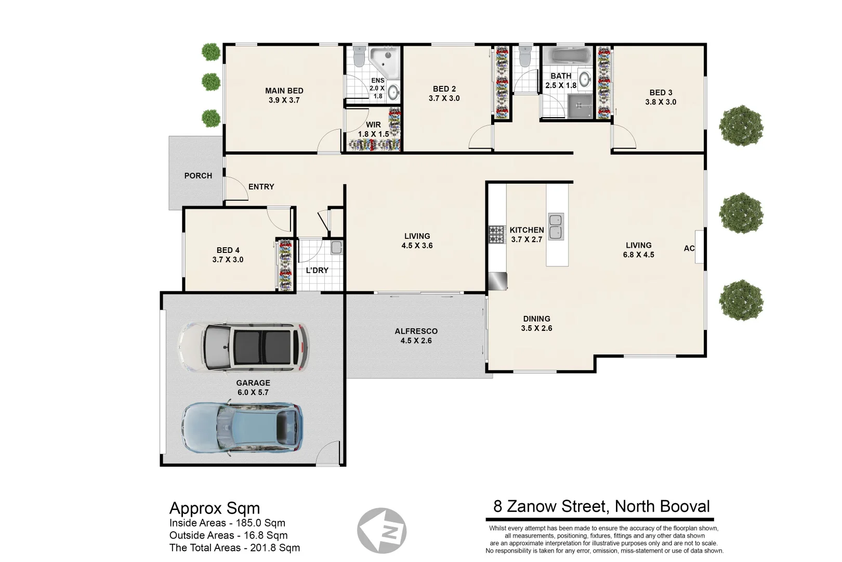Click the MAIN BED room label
[284, 91]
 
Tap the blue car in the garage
[242, 427]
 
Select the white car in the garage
[243, 347]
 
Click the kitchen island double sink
[556, 226]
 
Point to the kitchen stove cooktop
[496, 234]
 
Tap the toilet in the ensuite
[358, 57]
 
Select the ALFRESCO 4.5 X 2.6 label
[416, 336]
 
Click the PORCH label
[198, 176]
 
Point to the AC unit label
[689, 248]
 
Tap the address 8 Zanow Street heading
[601, 506]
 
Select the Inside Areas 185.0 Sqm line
[227, 523]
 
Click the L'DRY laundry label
[317, 270]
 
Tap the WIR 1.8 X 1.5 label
[373, 130]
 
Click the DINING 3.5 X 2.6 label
[536, 323]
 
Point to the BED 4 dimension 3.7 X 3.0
[228, 260]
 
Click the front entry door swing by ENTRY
[237, 189]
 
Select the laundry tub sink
[336, 248]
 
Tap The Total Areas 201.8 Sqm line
[234, 547]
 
